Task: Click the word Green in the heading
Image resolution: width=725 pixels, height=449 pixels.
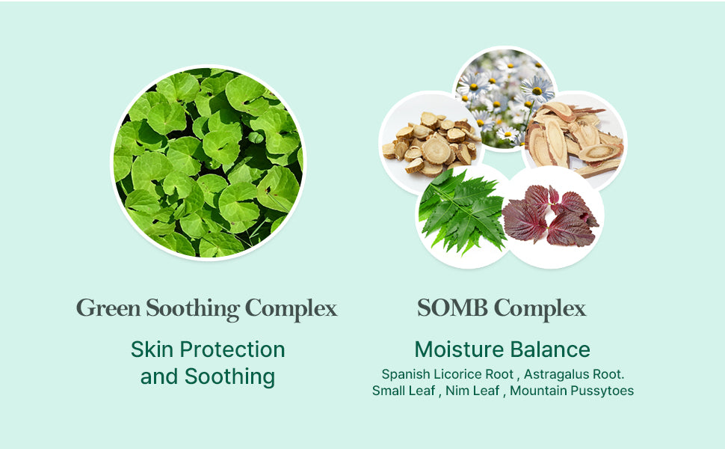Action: (108, 308)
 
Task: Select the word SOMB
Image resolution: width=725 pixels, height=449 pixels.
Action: (452, 308)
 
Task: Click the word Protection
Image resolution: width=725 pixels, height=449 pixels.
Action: (232, 349)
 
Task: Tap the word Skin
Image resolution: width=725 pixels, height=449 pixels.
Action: (152, 349)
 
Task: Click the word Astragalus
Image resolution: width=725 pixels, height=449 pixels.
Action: (556, 374)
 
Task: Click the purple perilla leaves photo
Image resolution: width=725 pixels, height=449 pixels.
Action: (551, 216)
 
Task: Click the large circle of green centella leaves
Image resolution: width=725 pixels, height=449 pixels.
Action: (208, 162)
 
